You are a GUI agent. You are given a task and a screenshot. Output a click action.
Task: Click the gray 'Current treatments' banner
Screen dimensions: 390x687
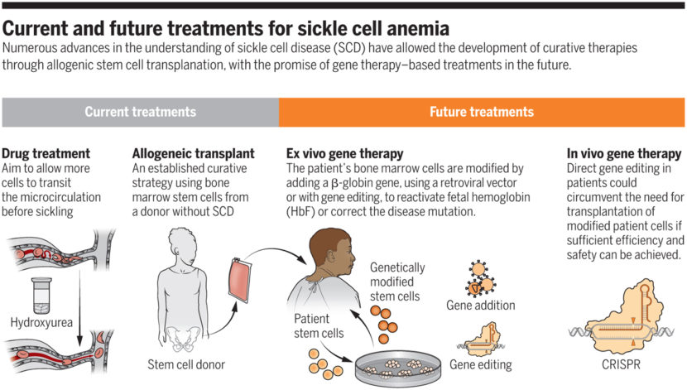coord(140,112)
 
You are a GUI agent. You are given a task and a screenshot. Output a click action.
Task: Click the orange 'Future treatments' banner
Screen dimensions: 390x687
coord(483,112)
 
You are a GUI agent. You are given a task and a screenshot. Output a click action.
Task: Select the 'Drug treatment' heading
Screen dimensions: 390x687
coord(46,153)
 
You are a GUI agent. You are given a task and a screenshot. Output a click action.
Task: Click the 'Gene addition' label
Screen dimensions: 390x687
coord(480,306)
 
